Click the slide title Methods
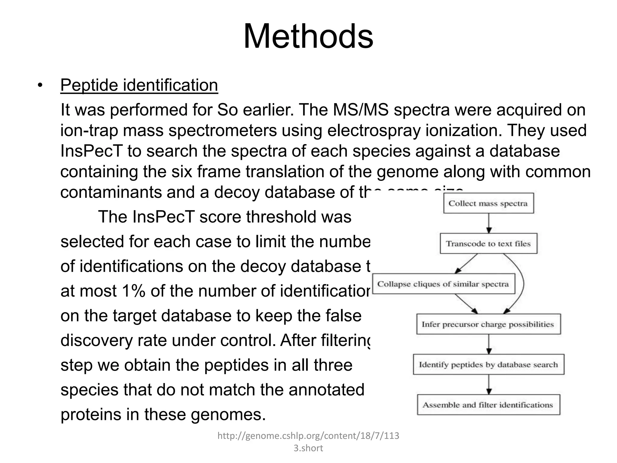[308, 36]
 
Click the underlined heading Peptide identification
[139, 85]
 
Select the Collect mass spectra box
[488, 203]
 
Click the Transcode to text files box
[488, 244]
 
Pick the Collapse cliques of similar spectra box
[443, 284]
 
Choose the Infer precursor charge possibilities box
[488, 324]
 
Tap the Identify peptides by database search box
[488, 365]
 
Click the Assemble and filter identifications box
[488, 405]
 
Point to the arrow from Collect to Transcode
[489, 223]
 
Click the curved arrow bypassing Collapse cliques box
[522, 283]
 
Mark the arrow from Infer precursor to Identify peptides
[489, 345]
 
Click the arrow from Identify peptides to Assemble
[489, 385]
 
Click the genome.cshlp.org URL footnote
[308, 442]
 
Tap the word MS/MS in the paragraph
[360, 110]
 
